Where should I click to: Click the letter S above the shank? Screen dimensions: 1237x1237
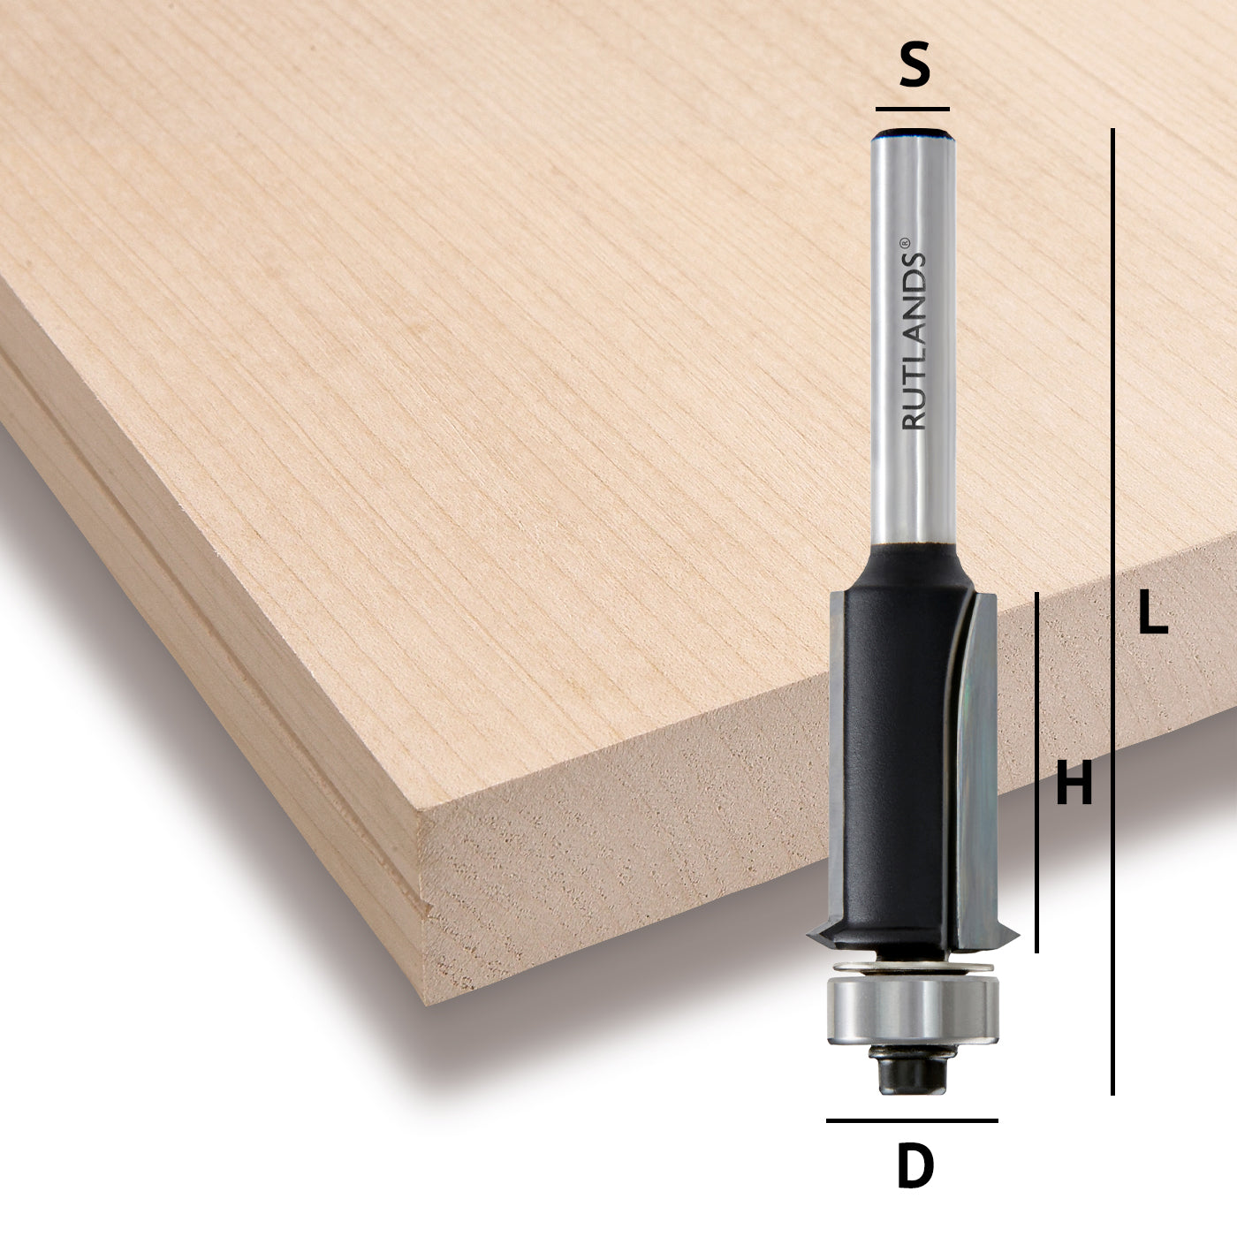[x=914, y=68]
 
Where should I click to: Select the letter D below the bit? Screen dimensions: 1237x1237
[x=914, y=1166]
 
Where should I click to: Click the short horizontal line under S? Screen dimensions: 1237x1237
[x=912, y=109]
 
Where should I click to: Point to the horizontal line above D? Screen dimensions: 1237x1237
[x=912, y=1120]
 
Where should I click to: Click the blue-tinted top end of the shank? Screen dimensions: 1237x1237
[x=913, y=135]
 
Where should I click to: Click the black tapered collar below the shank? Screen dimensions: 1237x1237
[x=912, y=565]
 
